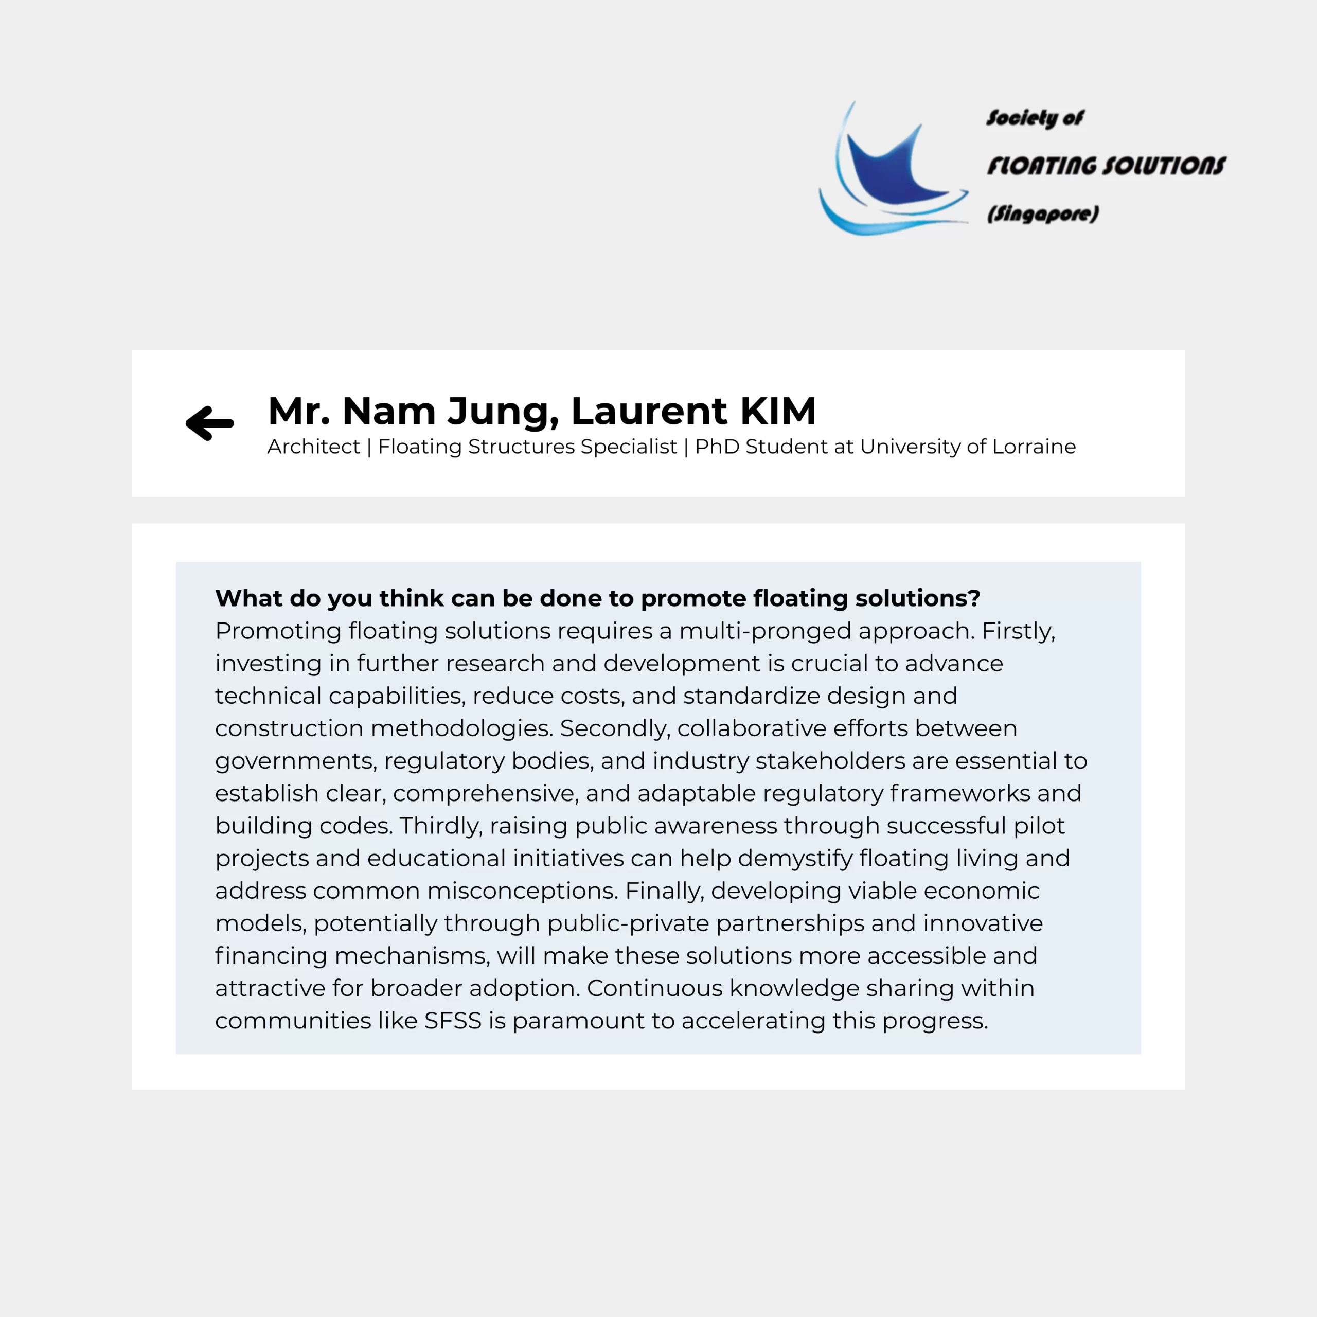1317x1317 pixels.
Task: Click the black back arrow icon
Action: click(x=210, y=423)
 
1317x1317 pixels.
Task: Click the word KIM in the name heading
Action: click(x=778, y=411)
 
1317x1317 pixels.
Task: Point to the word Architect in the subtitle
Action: click(x=314, y=447)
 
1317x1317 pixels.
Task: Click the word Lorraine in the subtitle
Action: click(x=1034, y=447)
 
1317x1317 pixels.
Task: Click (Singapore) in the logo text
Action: click(x=1043, y=214)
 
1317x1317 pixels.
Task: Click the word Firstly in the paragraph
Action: click(x=1018, y=631)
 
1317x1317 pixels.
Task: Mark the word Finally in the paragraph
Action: click(x=664, y=891)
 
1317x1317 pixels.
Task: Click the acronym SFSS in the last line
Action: click(x=453, y=1021)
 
